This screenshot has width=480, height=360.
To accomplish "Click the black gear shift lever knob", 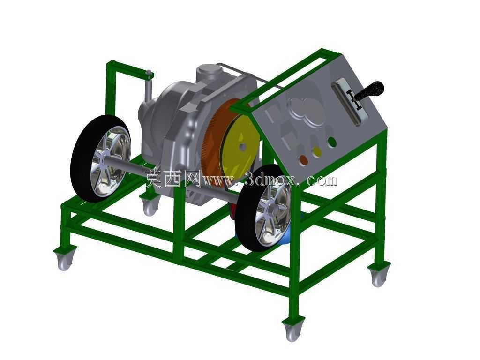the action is [x=370, y=90].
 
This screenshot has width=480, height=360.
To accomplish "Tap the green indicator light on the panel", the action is [x=332, y=142].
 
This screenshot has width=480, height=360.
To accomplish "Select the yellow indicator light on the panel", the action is [x=317, y=151].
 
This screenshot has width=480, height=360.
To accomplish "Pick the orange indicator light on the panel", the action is [x=303, y=160].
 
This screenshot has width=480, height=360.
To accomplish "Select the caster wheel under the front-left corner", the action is [x=65, y=260].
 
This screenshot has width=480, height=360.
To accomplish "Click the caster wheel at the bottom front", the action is [x=292, y=330].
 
